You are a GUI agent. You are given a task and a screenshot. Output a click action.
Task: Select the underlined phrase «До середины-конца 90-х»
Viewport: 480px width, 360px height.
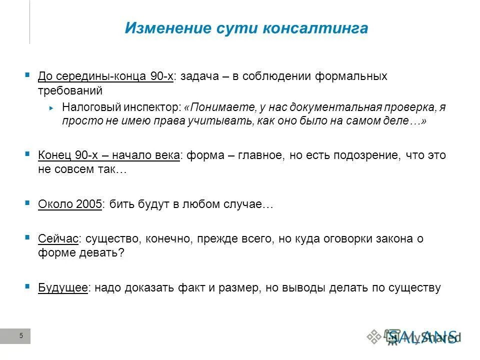click(x=106, y=76)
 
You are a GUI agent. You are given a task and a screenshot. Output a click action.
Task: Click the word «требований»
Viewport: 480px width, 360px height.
click(x=70, y=91)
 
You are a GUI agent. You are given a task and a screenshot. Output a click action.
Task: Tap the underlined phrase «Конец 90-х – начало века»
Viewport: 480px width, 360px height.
click(x=109, y=155)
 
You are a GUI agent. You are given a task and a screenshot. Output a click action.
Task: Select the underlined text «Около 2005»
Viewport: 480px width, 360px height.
click(x=70, y=204)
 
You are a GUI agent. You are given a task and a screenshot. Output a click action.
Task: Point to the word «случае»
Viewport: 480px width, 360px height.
click(x=248, y=204)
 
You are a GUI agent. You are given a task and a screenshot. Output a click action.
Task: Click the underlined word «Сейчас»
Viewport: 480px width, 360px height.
click(x=58, y=238)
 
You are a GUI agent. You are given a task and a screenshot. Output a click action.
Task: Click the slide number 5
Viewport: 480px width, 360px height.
click(x=21, y=336)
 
